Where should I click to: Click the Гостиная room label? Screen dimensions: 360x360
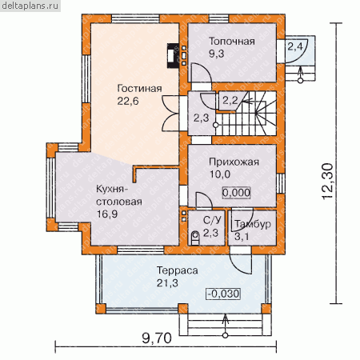(x=139, y=89)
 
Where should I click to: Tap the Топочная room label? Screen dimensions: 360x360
(x=232, y=42)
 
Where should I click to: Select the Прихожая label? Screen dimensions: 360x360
(x=234, y=162)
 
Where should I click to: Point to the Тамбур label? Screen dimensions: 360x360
(x=253, y=224)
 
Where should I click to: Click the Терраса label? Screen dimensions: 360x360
(x=177, y=270)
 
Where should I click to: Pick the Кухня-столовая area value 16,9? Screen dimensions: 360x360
(x=107, y=214)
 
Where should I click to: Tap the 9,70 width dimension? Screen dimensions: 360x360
(x=157, y=338)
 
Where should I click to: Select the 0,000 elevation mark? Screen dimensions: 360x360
(x=236, y=193)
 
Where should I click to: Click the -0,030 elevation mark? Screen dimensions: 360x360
(x=223, y=294)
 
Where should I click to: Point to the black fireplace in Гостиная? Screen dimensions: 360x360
(x=173, y=55)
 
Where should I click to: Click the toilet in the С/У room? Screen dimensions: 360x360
(x=195, y=238)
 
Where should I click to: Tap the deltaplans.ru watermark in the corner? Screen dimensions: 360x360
(x=30, y=6)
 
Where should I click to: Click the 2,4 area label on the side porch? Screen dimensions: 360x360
(x=295, y=46)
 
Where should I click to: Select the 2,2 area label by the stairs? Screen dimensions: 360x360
(x=230, y=101)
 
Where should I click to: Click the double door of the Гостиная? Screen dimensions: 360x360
(x=170, y=114)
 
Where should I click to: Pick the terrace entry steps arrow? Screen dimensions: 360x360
(x=226, y=325)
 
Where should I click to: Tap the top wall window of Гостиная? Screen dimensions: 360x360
(x=135, y=18)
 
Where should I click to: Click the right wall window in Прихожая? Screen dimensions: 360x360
(x=281, y=183)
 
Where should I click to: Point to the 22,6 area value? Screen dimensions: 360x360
(x=128, y=102)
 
